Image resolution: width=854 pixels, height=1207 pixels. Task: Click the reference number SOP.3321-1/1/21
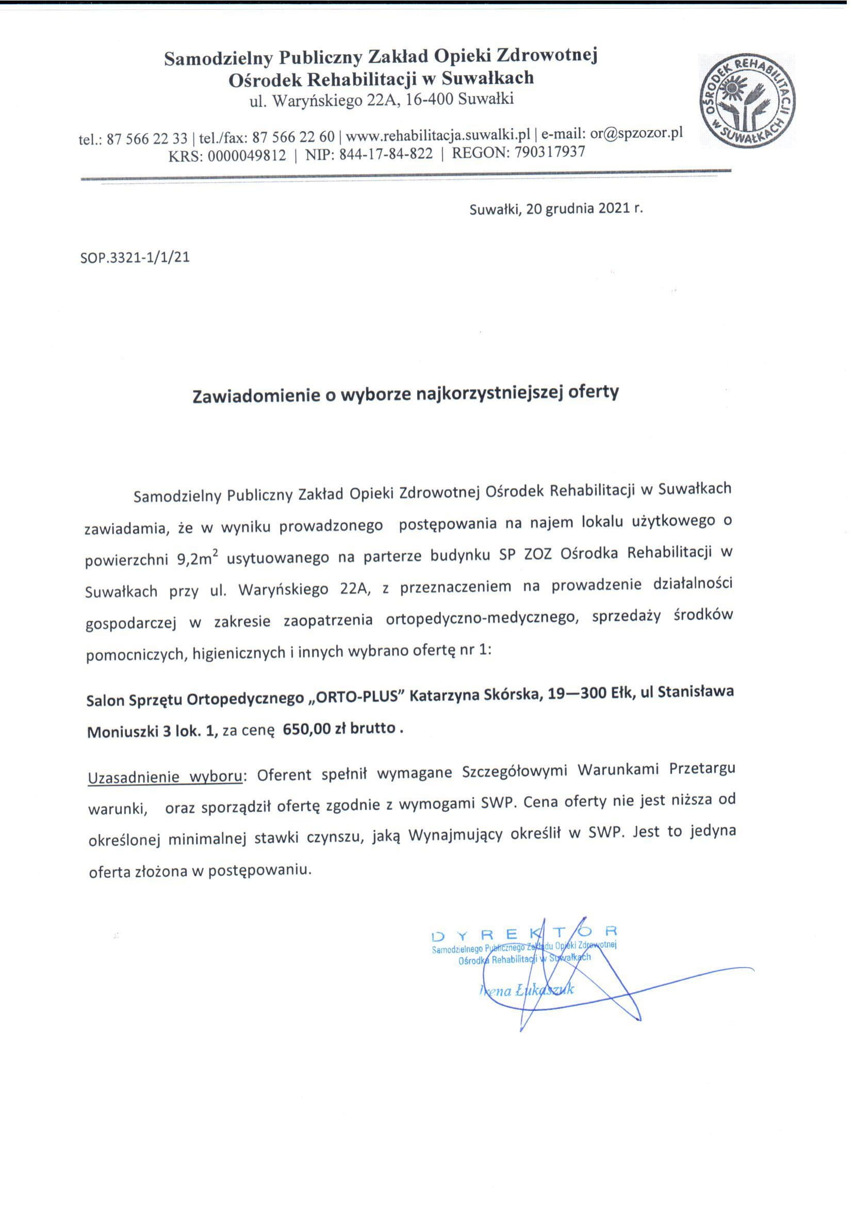(135, 258)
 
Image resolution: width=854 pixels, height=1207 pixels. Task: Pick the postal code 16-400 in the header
(429, 99)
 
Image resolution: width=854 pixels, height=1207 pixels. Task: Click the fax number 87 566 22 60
(293, 138)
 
